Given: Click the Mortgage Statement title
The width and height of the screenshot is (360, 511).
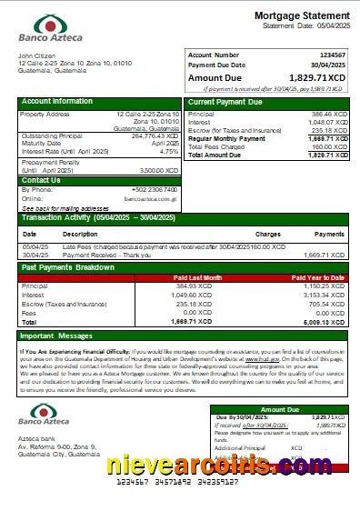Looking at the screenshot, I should (x=301, y=15).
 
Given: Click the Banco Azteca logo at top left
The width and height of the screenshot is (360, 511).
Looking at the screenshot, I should (x=51, y=30).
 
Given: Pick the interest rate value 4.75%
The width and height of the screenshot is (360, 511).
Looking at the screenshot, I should (x=169, y=151).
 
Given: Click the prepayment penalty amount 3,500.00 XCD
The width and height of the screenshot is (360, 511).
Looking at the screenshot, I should (x=158, y=170).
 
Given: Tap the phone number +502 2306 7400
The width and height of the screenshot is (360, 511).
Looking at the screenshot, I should (x=156, y=189).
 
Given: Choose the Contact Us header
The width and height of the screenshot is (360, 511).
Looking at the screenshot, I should (x=41, y=180).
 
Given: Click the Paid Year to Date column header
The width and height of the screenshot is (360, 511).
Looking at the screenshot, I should (x=317, y=277).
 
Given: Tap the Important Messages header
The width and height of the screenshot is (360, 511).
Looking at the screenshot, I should (x=57, y=336).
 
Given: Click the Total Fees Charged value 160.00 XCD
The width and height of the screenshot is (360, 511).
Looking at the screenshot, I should (x=329, y=146).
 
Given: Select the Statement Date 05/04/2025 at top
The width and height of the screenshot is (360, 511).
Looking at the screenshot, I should (x=327, y=26).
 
